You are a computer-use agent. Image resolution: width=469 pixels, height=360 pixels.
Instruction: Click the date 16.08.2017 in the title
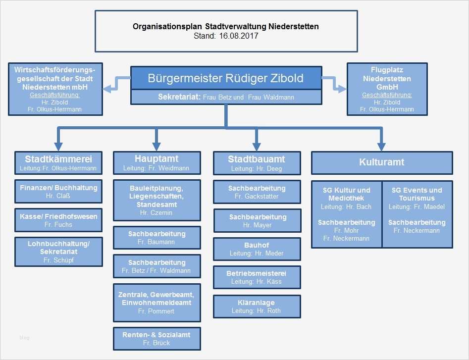240,36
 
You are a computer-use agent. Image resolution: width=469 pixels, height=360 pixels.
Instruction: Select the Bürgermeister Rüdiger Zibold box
225,78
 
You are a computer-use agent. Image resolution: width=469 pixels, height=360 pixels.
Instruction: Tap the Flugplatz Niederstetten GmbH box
387,89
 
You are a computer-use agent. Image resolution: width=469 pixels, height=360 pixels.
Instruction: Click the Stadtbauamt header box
257,163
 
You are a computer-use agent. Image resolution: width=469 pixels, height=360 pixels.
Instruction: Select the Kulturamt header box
381,162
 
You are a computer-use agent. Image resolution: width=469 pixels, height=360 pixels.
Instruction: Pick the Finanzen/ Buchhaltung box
58,192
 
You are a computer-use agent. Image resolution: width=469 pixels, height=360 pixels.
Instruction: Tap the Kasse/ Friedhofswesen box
58,220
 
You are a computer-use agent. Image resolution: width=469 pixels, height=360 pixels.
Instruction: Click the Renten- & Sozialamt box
156,339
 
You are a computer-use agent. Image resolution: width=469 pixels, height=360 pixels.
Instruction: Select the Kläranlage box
257,307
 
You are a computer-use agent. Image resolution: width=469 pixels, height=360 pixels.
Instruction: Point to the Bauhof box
257,249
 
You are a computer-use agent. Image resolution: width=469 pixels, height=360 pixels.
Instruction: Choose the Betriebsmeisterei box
257,277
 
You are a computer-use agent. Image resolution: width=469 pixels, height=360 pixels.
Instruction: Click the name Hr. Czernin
156,212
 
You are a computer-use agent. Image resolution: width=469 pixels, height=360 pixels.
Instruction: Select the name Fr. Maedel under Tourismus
417,206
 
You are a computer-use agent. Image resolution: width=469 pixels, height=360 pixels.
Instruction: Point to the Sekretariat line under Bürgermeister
225,97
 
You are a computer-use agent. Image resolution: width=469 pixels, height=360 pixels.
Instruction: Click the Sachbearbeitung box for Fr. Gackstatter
257,192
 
